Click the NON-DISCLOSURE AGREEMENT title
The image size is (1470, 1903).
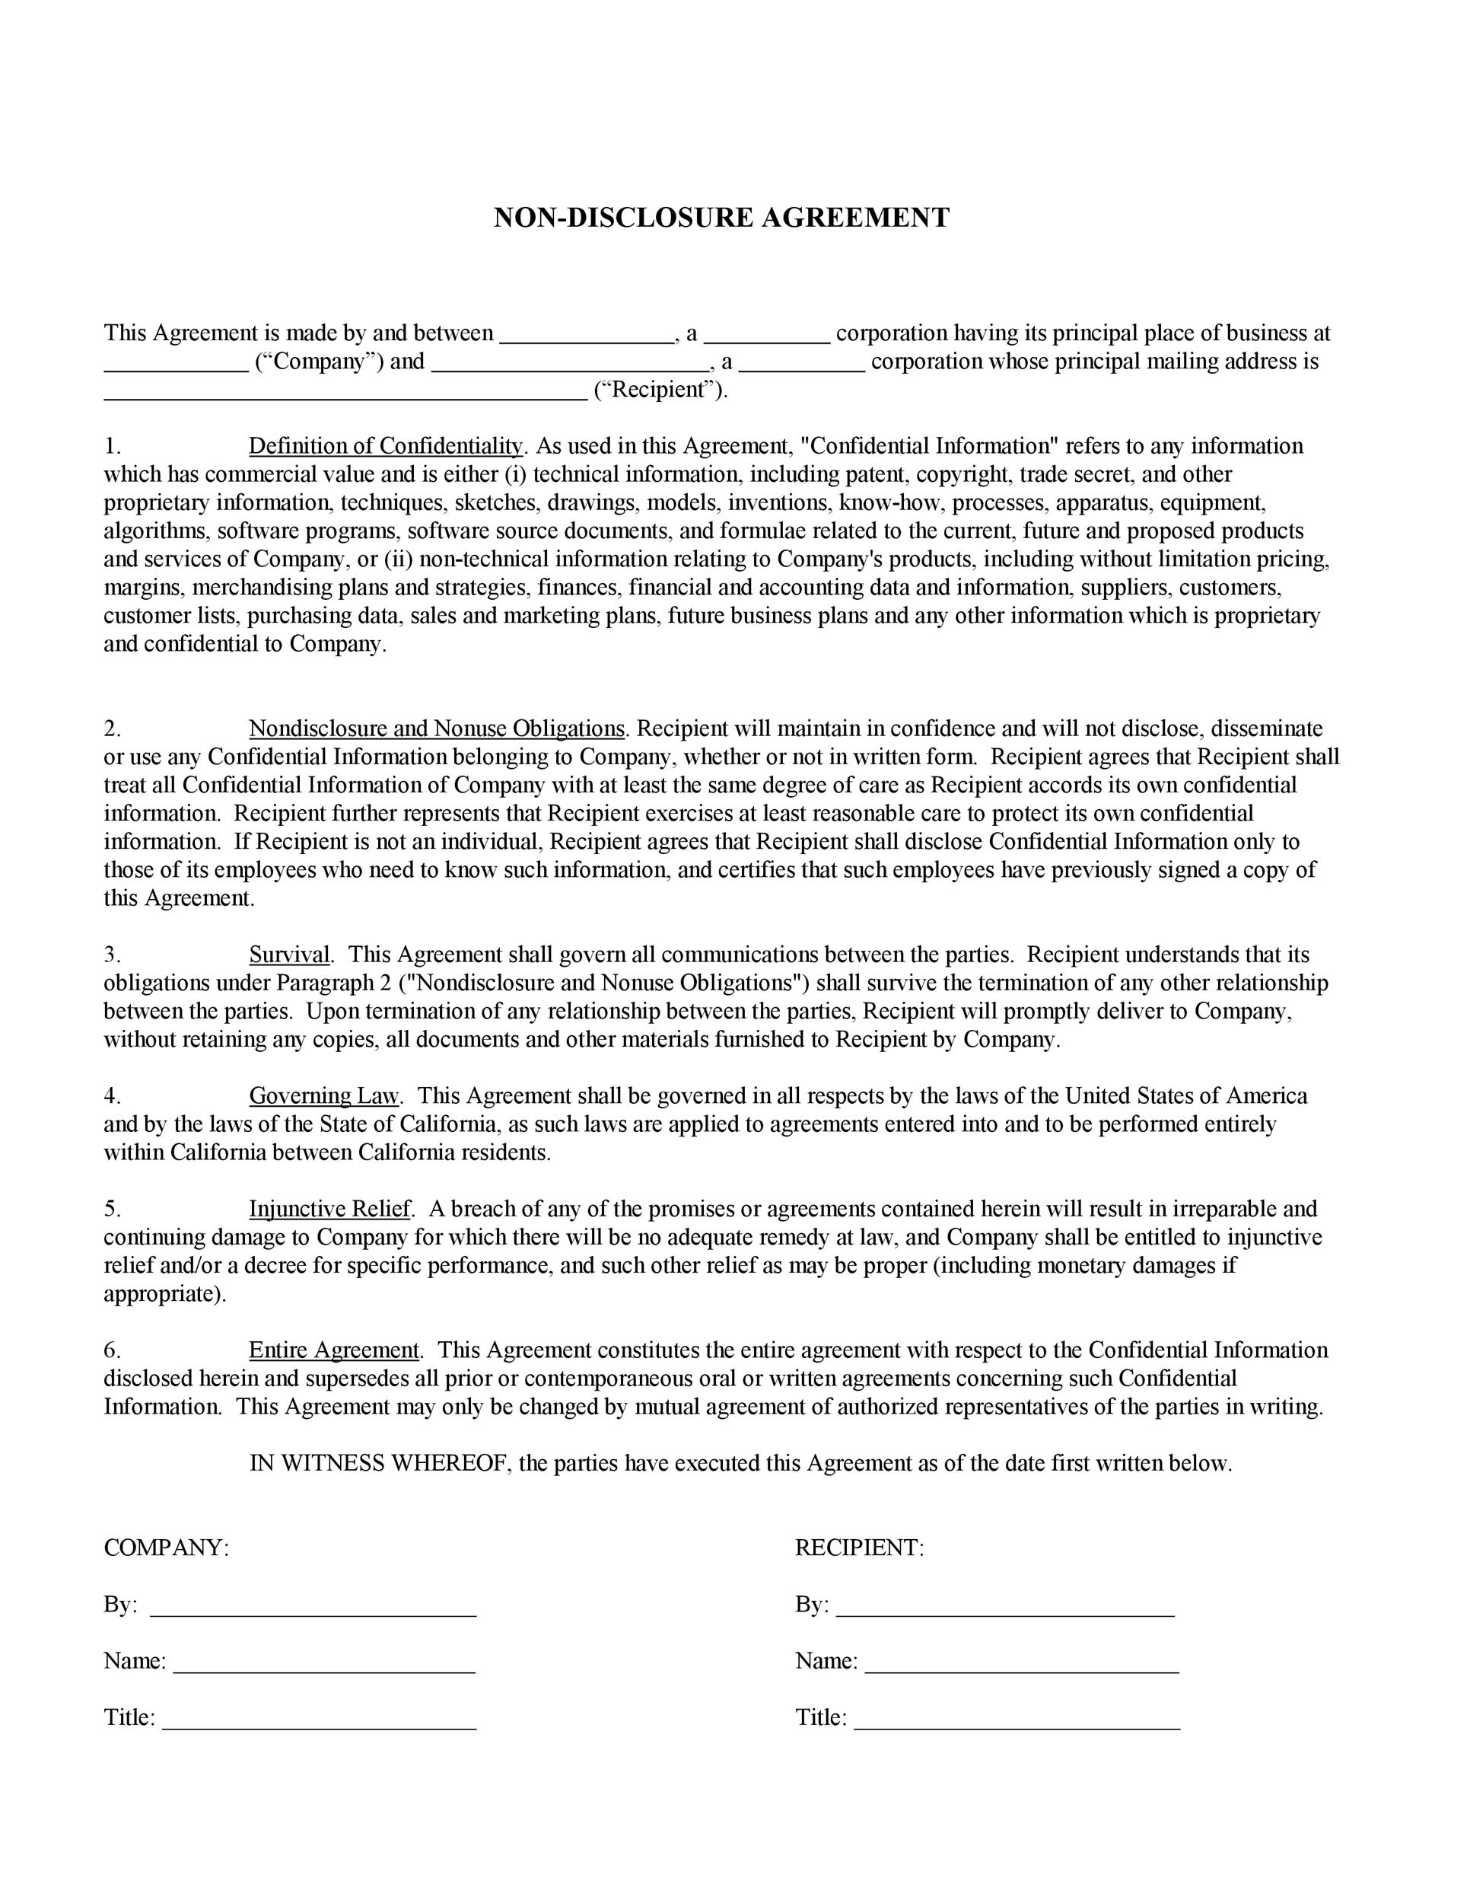point(721,218)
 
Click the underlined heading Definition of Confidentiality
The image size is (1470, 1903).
point(386,446)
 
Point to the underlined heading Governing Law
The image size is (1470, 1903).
point(323,1095)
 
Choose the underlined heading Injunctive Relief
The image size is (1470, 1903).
point(329,1209)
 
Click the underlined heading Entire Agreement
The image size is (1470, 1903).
point(333,1350)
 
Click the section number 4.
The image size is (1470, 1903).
point(112,1095)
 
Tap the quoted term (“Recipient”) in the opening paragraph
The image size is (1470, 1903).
point(660,390)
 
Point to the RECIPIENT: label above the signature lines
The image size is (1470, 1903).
point(859,1548)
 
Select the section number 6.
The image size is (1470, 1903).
point(112,1350)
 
